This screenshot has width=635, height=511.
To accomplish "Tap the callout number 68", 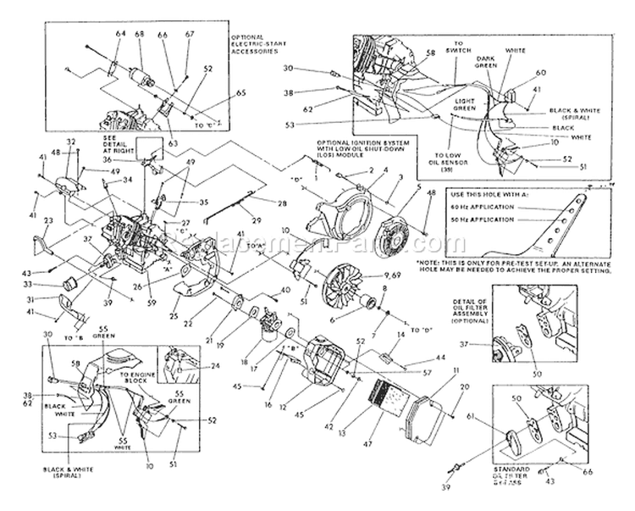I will pyautogui.click(x=139, y=33).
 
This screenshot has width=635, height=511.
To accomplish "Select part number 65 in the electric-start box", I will pyautogui.click(x=218, y=92).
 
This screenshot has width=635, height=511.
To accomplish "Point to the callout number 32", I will pyautogui.click(x=71, y=142).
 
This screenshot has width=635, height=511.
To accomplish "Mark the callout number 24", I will pyautogui.click(x=215, y=366).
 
